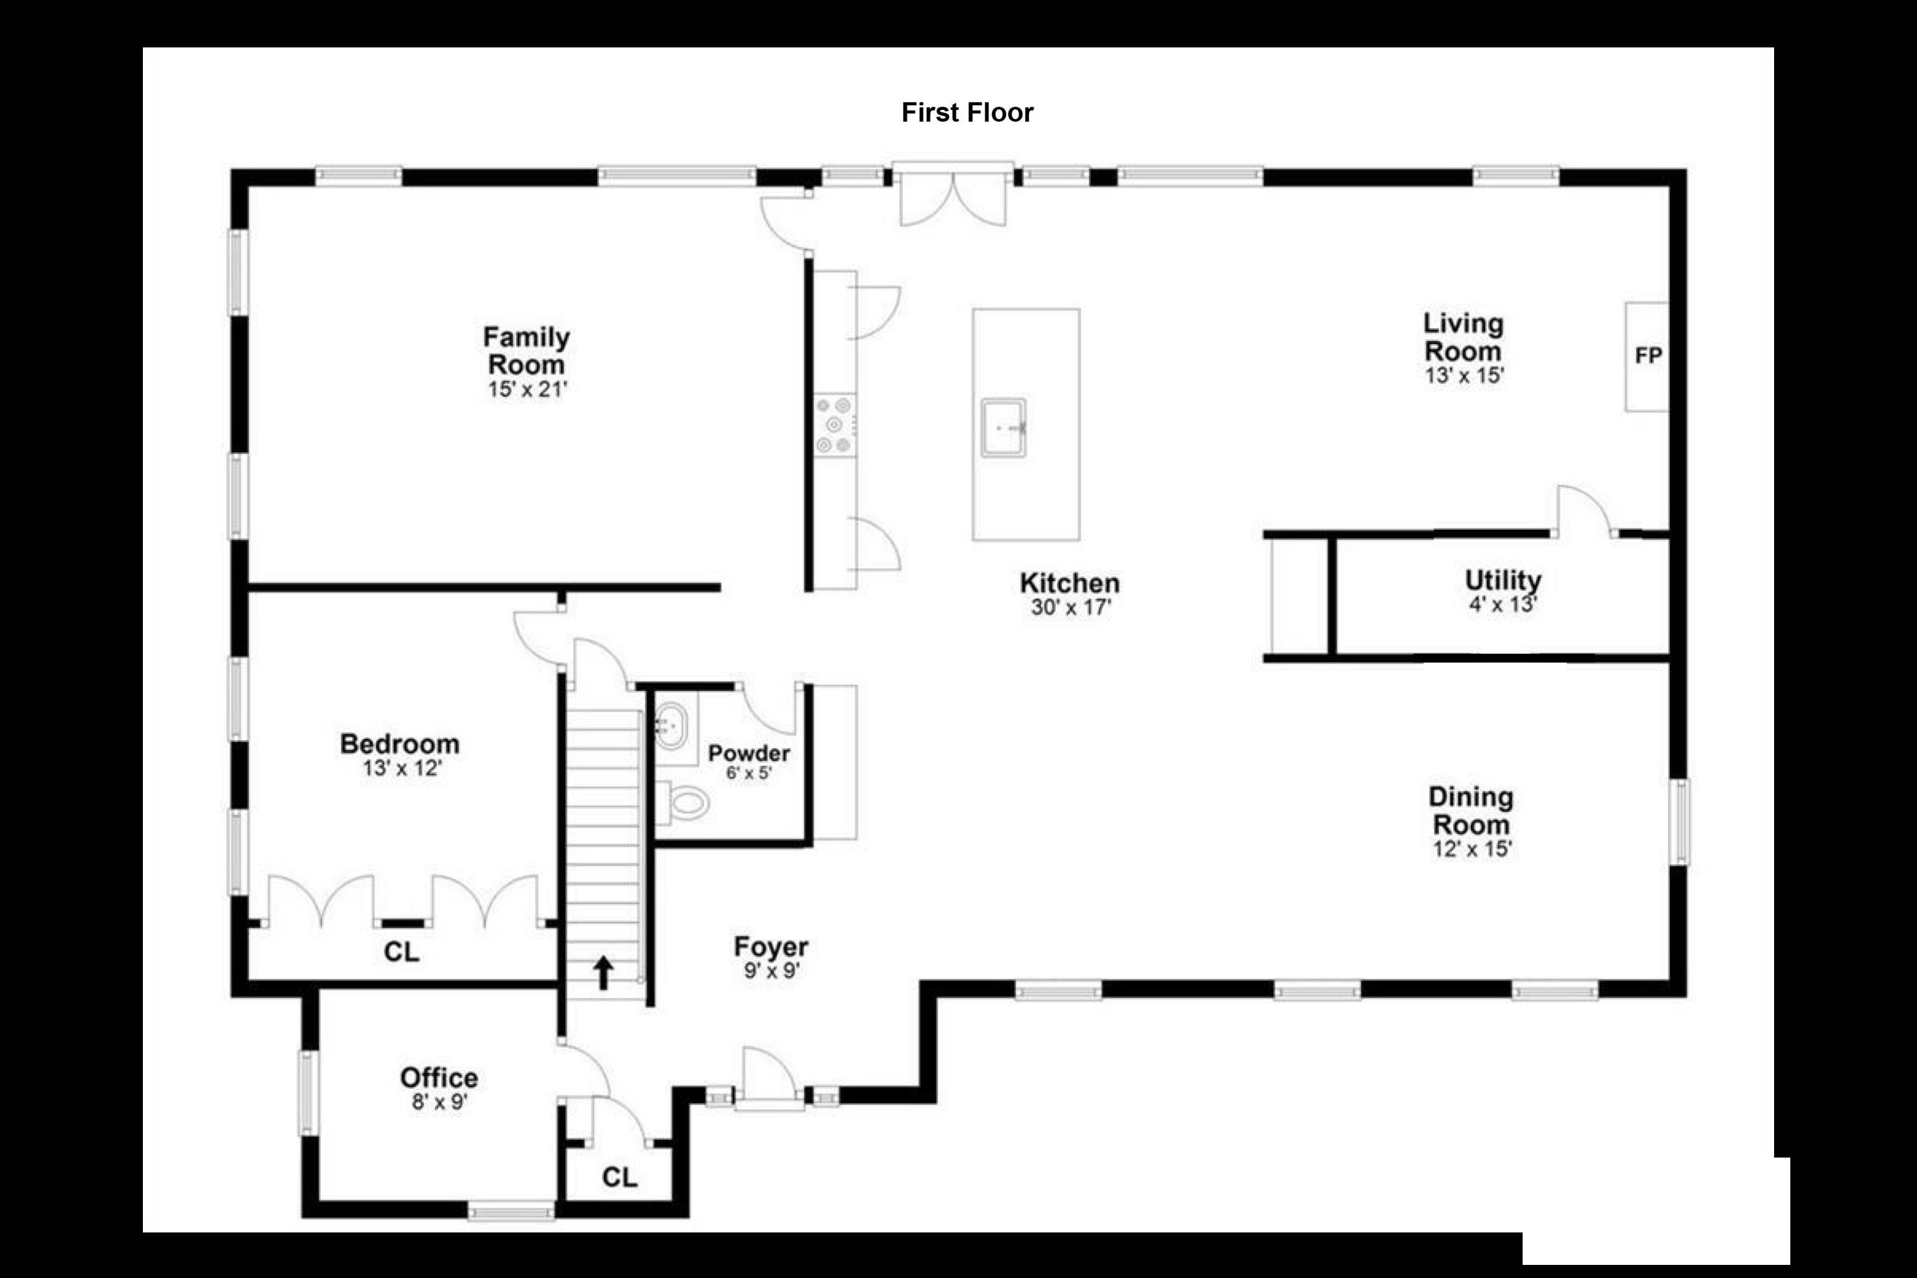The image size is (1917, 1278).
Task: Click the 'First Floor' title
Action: [x=967, y=112]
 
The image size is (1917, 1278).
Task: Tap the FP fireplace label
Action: [x=1648, y=356]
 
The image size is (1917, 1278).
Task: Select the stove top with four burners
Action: [x=834, y=424]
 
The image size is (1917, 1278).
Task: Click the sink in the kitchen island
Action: [x=1003, y=427]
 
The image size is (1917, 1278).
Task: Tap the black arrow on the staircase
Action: [x=603, y=972]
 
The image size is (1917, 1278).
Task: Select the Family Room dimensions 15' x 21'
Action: [x=527, y=389]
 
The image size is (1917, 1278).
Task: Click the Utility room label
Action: [x=1503, y=580]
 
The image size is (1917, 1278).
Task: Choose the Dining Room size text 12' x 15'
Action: [x=1472, y=849]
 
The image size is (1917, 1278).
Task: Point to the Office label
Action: [x=439, y=1078]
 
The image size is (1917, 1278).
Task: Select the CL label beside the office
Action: [x=620, y=1177]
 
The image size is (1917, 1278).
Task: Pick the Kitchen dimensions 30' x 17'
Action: [x=1071, y=607]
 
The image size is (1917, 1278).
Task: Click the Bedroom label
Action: [x=399, y=743]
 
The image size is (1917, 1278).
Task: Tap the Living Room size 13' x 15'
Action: [x=1465, y=376]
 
